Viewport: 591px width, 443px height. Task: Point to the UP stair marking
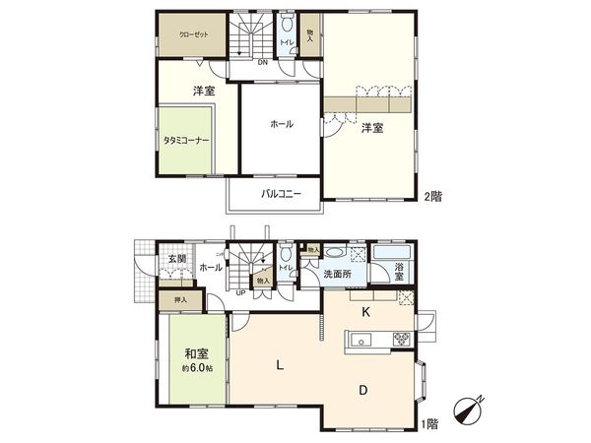239,292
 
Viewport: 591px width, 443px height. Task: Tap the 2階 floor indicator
433,196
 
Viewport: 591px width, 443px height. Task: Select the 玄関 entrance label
176,258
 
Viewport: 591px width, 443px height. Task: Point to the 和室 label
195,352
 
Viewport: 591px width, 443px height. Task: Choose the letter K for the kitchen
364,314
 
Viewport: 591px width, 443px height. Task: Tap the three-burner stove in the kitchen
402,341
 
